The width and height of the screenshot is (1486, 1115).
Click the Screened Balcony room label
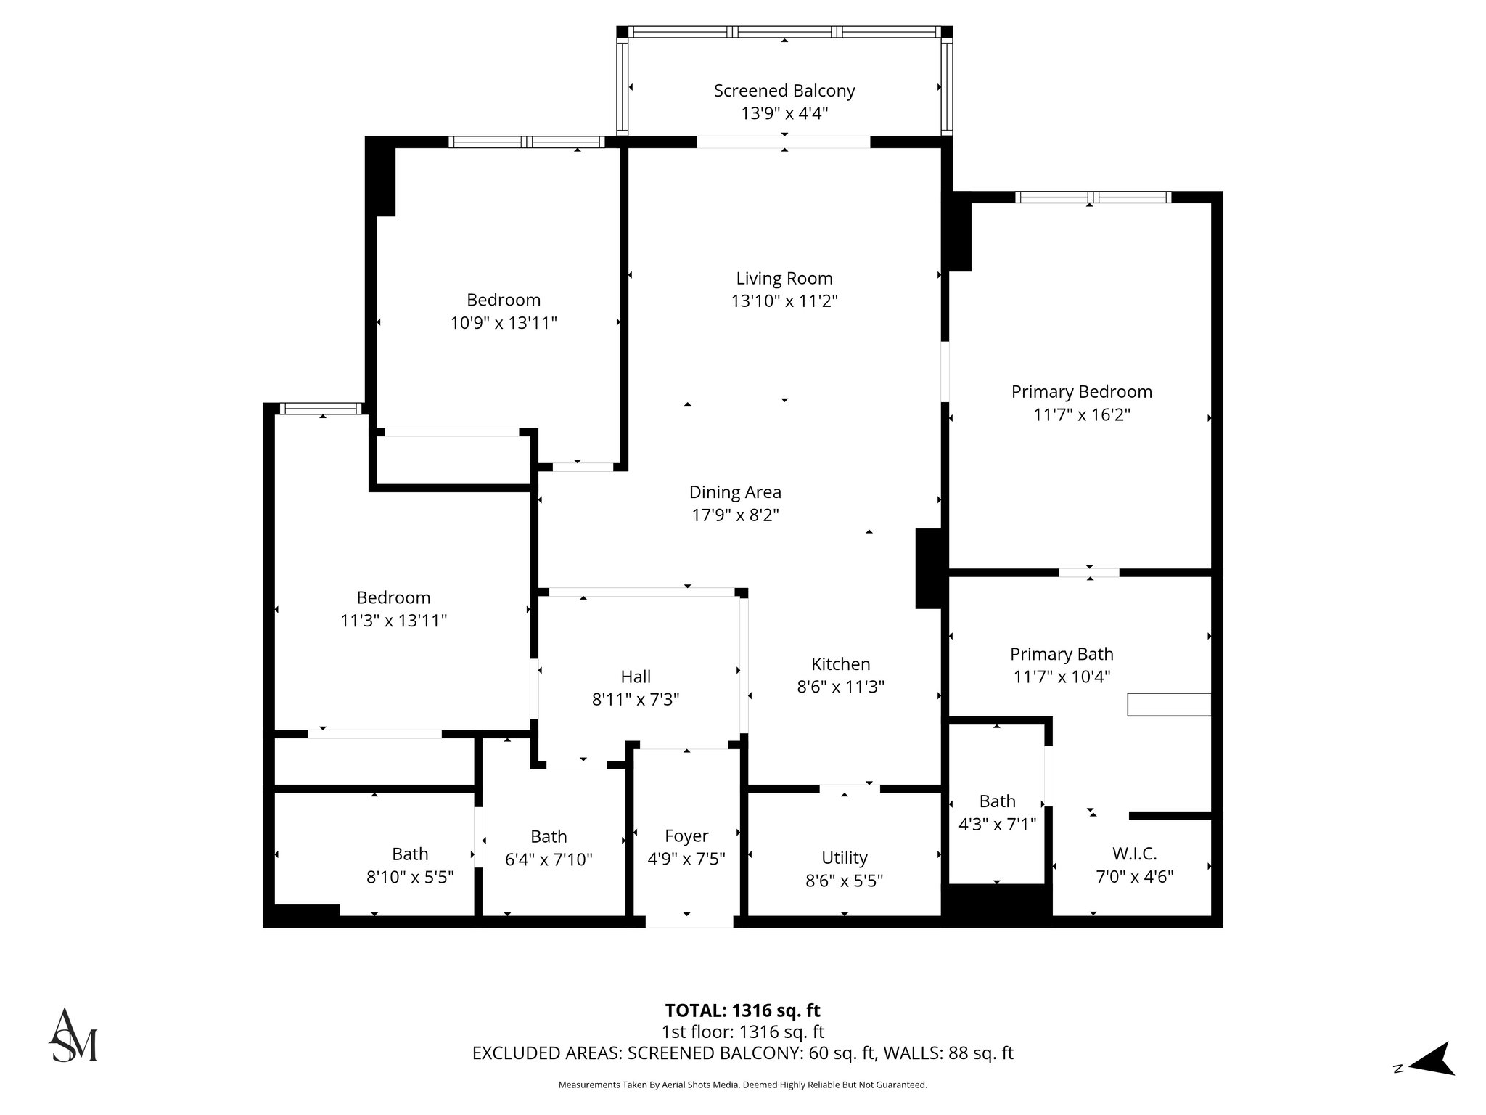(784, 91)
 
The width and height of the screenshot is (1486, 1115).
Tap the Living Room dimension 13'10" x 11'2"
(784, 301)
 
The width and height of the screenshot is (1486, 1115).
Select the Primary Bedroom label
(1081, 392)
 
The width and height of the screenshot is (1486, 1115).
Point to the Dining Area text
(735, 492)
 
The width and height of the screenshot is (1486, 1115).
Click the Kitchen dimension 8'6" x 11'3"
(840, 687)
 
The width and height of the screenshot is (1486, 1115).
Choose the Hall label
(636, 677)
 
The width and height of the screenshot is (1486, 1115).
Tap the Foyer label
(686, 836)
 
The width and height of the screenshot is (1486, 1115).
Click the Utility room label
(844, 858)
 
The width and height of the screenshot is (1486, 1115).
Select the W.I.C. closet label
(1134, 853)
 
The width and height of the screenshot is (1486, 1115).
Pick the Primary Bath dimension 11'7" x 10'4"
(1062, 677)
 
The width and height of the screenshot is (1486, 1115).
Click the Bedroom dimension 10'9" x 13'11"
(504, 323)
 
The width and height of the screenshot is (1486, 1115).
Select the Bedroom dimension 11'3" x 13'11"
(393, 621)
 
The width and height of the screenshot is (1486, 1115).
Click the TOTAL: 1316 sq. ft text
(742, 1010)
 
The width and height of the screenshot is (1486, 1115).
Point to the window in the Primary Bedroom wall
(1093, 197)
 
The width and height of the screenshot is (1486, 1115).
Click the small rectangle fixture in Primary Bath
(1168, 704)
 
